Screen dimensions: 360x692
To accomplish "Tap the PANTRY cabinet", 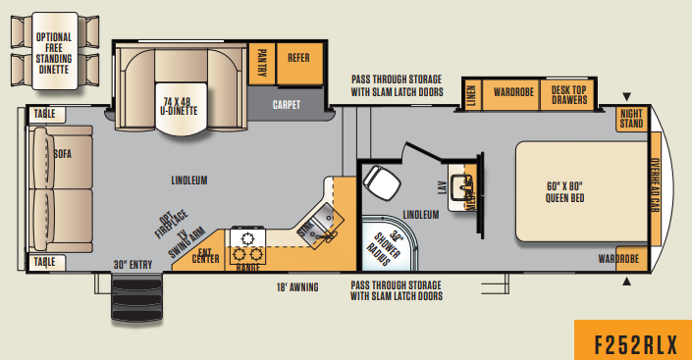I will [x=261, y=64].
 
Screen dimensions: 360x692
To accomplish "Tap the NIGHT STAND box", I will [x=631, y=119].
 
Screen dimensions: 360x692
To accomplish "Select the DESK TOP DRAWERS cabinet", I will [x=568, y=95].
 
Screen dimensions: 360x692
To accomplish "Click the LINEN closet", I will [x=471, y=95].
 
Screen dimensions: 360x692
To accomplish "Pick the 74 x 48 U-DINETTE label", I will [x=180, y=105].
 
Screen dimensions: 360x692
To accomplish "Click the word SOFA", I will [x=63, y=153].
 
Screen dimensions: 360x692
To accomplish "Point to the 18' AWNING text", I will [x=297, y=287].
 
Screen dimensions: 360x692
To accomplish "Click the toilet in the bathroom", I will [x=378, y=180].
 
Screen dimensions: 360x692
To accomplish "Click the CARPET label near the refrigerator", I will [x=287, y=103].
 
